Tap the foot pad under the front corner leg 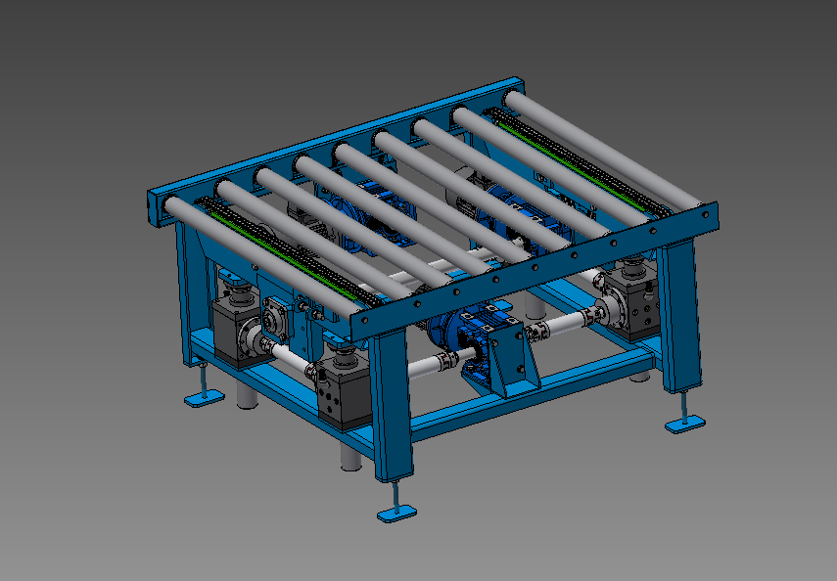coord(397,513)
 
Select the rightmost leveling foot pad coord(684,423)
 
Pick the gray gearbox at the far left coord(235,328)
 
